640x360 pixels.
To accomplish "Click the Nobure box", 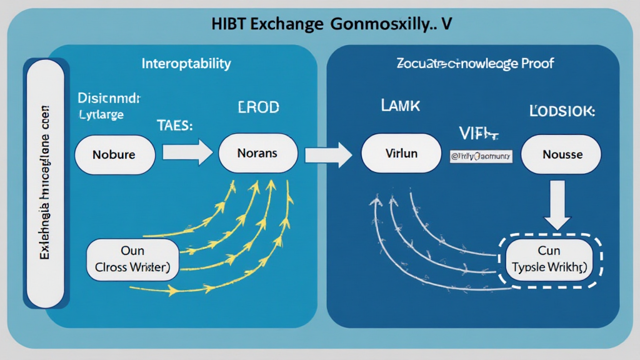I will tap(114, 153).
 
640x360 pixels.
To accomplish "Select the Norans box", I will tap(256, 152).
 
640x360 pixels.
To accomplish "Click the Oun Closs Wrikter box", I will tap(132, 259).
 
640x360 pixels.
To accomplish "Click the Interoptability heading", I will tap(186, 64).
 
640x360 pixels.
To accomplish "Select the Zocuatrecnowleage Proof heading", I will tap(475, 63).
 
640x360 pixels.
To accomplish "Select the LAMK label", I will tap(399, 106).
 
